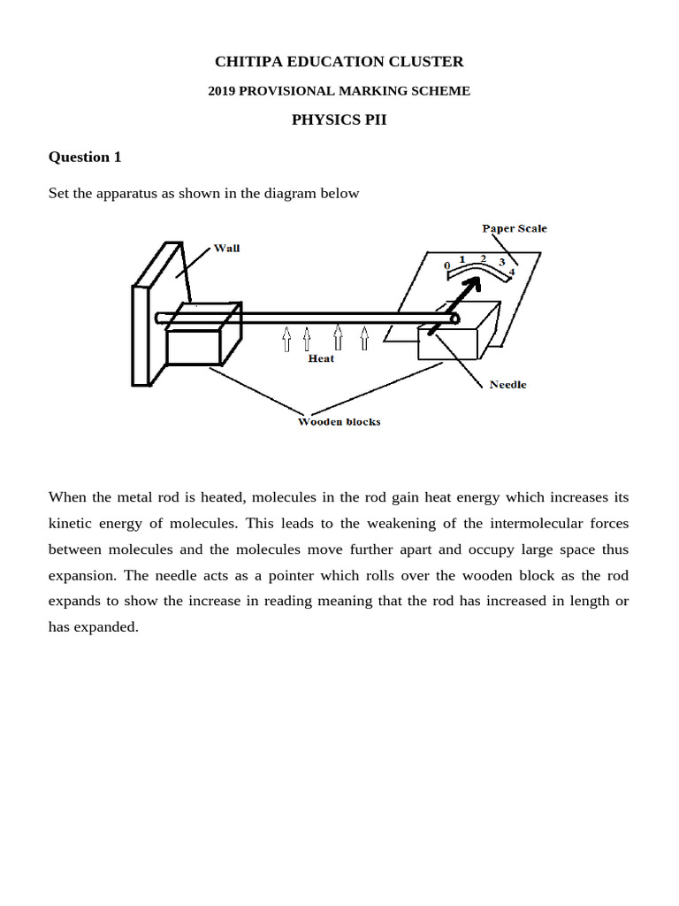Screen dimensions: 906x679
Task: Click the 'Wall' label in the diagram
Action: click(226, 249)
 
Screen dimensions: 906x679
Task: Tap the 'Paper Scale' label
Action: click(514, 228)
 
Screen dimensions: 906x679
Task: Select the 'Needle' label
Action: click(507, 385)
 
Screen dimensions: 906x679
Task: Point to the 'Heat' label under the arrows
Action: click(321, 358)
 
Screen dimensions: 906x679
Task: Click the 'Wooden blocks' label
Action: click(339, 422)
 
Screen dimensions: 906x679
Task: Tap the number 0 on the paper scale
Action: click(447, 265)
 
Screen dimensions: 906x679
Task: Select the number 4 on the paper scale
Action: click(511, 273)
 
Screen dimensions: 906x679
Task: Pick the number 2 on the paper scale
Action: click(483, 258)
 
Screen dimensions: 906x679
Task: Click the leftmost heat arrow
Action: click(286, 338)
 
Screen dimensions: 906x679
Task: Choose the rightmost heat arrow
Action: click(363, 338)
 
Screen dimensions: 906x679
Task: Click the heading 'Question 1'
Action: click(85, 157)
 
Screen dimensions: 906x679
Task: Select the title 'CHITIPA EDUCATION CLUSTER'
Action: click(339, 61)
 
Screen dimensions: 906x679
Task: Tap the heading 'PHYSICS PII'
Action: click(339, 120)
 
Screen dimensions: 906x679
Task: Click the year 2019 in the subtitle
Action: click(222, 91)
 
